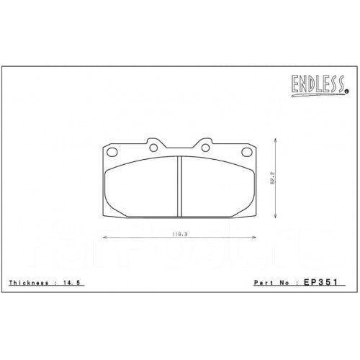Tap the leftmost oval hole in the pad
pos(112,151)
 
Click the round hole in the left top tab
pos(153,148)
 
